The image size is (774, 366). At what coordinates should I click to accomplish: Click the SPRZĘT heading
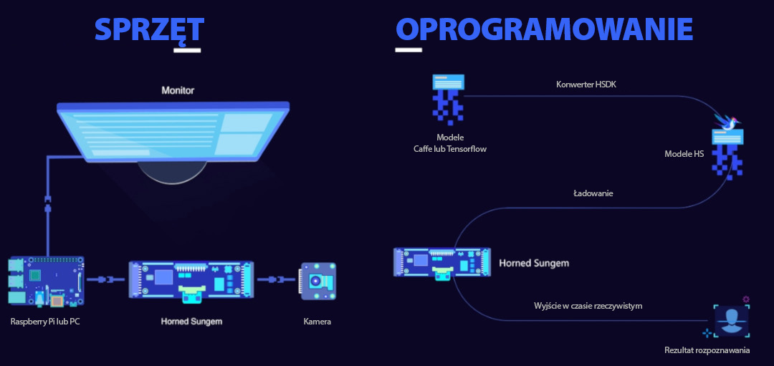point(149,30)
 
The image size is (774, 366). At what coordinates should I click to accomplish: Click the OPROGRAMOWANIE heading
point(545,29)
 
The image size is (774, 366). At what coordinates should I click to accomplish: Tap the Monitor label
point(178,91)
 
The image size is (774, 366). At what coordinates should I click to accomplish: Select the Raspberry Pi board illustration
point(46,281)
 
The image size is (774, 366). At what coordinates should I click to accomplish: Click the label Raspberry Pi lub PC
point(45,322)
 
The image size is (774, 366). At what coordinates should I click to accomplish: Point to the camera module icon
point(318,281)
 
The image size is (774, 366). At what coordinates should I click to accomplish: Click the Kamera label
point(317,322)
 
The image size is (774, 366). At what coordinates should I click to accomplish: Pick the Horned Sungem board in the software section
point(442,264)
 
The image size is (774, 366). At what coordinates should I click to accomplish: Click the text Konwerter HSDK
point(586,85)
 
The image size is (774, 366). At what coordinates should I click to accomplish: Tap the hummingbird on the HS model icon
point(727,122)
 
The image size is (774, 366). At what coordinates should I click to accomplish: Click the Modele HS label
point(684,154)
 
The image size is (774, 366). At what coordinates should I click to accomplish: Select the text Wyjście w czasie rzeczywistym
point(588,306)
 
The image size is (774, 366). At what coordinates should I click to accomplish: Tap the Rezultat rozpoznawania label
point(707,351)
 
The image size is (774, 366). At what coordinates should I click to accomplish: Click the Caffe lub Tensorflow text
point(450,148)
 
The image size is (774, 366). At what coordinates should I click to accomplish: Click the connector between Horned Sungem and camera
point(277,279)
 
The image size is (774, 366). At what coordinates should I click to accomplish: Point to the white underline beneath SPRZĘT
point(187,50)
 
